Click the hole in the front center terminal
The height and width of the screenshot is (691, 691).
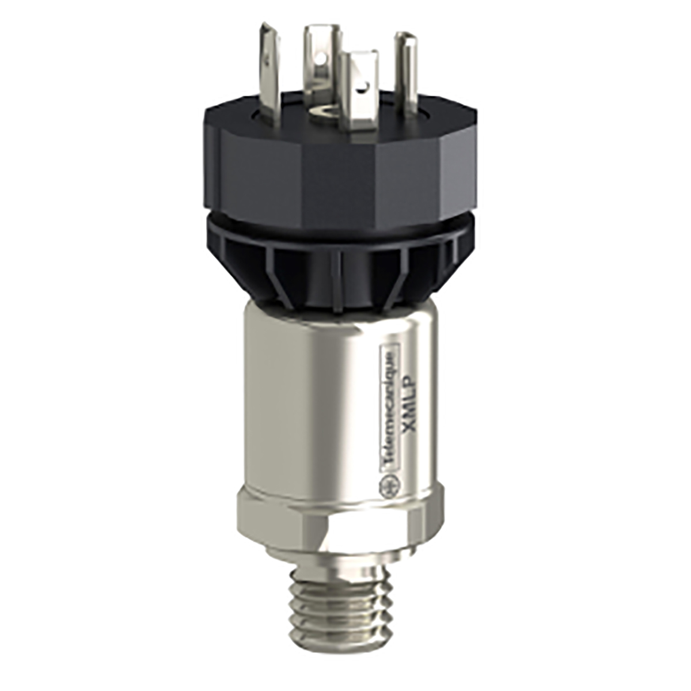[x=362, y=87]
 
